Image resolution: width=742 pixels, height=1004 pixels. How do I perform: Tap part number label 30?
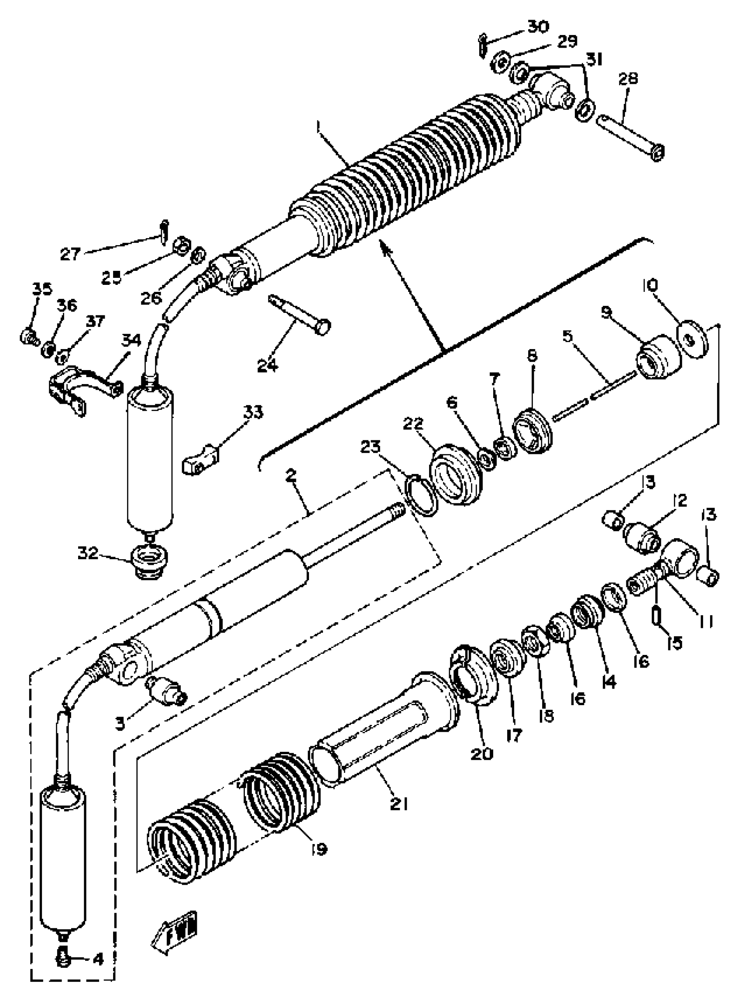(538, 28)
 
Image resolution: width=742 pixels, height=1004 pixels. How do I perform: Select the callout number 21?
(399, 803)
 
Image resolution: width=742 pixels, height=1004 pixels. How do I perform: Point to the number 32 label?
(88, 553)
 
